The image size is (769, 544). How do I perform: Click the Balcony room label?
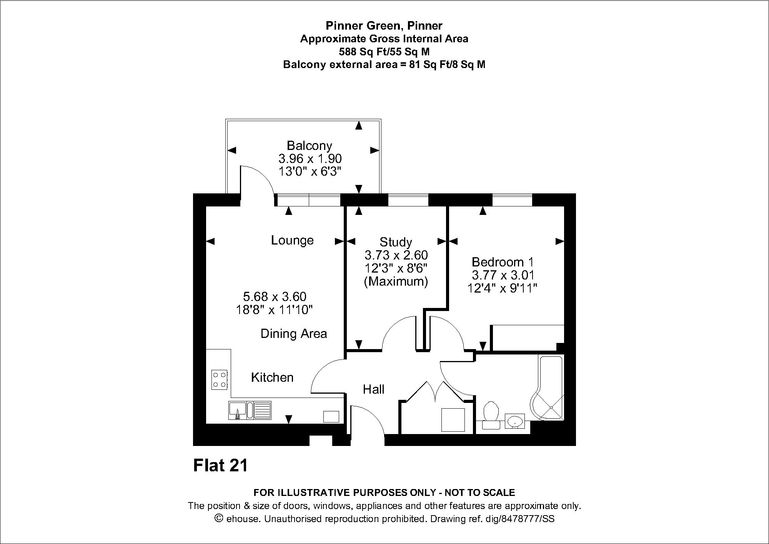click(x=310, y=146)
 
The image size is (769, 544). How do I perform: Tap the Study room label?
click(x=396, y=242)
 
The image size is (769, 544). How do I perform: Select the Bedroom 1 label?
click(x=503, y=262)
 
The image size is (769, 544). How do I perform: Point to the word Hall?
click(x=373, y=389)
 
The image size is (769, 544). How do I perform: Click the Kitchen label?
click(x=272, y=378)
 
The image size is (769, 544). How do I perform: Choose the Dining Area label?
click(x=294, y=334)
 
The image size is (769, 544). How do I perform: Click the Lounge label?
click(x=292, y=240)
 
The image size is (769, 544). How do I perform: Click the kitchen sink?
click(x=250, y=410)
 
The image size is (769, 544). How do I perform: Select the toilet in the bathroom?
click(x=491, y=415)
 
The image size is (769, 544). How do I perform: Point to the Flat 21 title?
click(x=220, y=466)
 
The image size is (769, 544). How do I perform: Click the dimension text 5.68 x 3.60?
click(x=275, y=296)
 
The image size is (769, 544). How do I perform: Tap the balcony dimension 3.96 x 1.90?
click(x=310, y=158)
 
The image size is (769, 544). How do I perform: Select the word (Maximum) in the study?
click(x=396, y=282)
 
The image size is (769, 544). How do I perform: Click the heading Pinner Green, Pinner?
click(x=384, y=26)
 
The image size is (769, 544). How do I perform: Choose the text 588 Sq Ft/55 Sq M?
click(x=384, y=52)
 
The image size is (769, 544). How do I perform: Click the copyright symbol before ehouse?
click(x=219, y=518)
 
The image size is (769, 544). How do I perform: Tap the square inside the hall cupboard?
click(x=453, y=420)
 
